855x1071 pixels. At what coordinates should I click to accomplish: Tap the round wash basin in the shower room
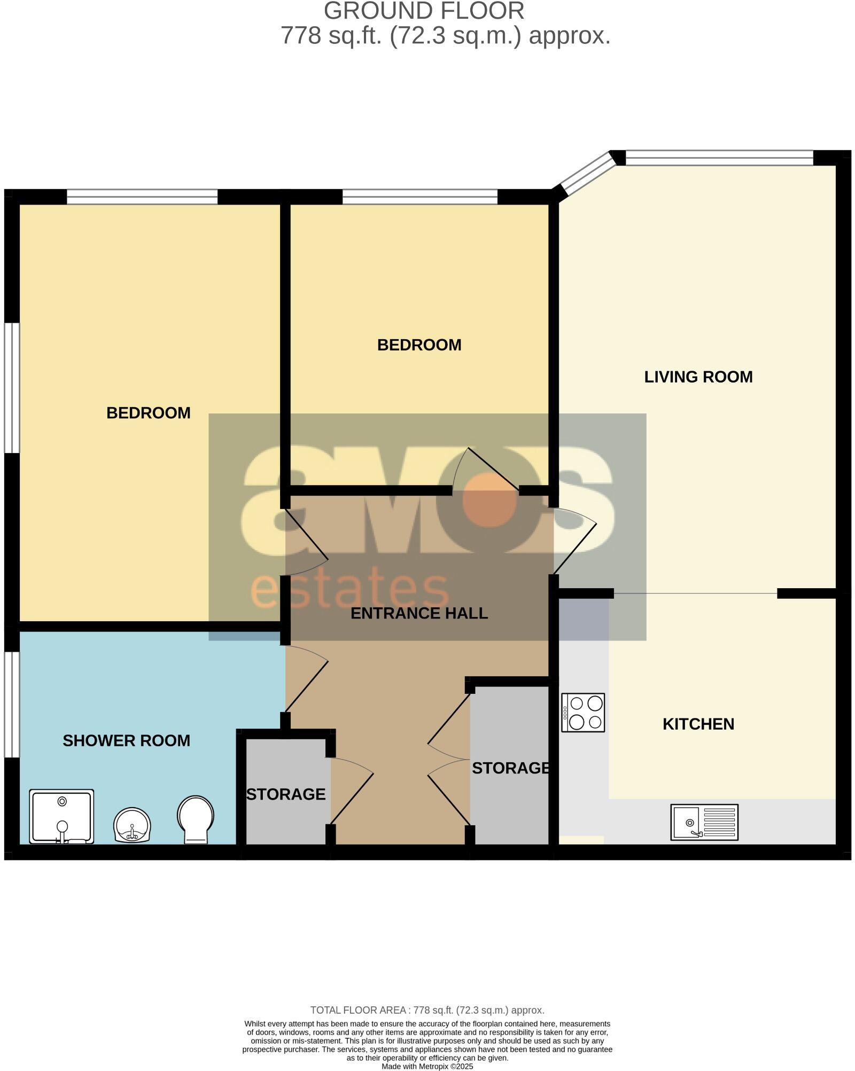[132, 825]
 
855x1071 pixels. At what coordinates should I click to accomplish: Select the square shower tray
[61, 816]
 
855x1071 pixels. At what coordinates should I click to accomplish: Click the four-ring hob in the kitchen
[583, 713]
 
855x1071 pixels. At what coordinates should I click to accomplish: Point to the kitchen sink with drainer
[704, 822]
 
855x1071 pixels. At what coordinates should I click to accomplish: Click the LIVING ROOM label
[698, 377]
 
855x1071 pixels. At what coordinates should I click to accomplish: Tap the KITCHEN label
[698, 724]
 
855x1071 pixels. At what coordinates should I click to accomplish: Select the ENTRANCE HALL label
[419, 613]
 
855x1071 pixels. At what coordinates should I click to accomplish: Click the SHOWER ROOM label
[126, 741]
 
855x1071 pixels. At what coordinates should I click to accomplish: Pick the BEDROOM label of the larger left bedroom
[148, 413]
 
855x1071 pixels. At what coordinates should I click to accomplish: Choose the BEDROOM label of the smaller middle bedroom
[419, 345]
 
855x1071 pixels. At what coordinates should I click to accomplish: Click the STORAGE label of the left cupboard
[285, 794]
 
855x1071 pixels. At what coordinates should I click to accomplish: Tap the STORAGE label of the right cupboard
[510, 768]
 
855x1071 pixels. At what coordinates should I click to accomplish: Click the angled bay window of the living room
[588, 173]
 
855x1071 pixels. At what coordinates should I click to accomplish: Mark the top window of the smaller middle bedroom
[419, 197]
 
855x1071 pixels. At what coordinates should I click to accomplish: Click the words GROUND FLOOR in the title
[424, 11]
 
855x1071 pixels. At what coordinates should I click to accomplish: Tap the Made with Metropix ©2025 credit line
[427, 1066]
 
